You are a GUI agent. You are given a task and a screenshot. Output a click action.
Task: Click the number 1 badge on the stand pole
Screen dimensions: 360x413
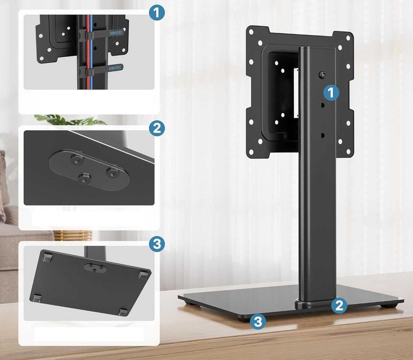click(332, 93)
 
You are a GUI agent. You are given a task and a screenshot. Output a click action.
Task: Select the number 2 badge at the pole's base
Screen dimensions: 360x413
click(338, 305)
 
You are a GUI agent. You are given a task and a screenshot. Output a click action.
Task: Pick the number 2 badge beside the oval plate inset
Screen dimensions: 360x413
click(157, 128)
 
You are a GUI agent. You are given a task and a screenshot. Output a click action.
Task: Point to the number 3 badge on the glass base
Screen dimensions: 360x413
click(259, 322)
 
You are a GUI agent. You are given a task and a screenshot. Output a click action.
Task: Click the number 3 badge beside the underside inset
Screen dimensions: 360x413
click(157, 244)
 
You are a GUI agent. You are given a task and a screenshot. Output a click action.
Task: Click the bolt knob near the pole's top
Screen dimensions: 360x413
click(322, 75)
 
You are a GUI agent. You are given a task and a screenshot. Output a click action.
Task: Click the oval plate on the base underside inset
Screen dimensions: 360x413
click(95, 268)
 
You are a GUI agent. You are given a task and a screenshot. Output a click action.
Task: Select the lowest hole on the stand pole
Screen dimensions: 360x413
click(322, 136)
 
